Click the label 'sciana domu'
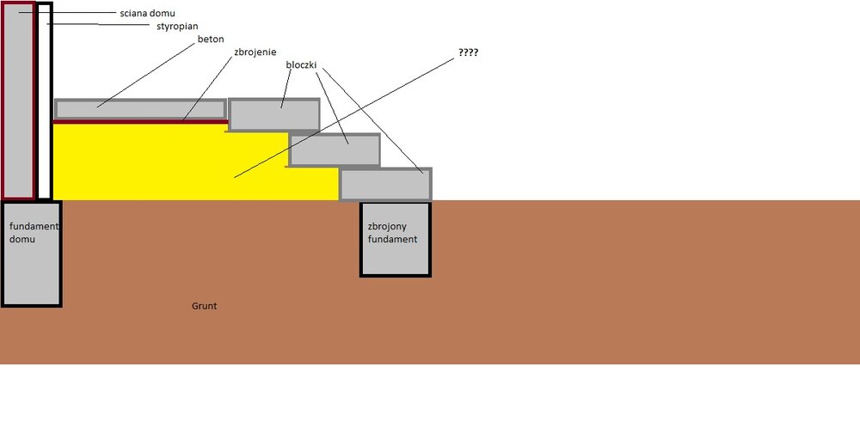point(147,14)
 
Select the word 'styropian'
point(177,27)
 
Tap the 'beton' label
point(211,40)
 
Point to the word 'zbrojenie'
point(255,52)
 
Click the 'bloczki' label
point(305,64)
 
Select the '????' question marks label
point(469,52)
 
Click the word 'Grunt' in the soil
point(204,305)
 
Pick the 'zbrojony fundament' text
point(392,233)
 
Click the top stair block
point(274,115)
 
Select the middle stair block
point(335,150)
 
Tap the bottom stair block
point(386,184)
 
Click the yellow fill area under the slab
point(172,163)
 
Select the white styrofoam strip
point(43,103)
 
